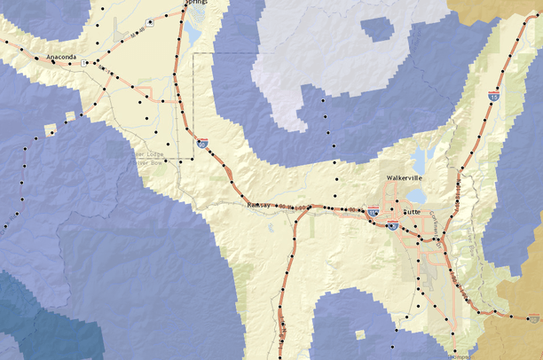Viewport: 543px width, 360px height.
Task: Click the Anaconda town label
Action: (50, 58)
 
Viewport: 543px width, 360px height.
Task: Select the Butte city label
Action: (412, 212)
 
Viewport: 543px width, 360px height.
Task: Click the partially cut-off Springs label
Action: (196, 4)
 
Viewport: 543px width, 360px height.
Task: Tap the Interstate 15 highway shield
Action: (493, 93)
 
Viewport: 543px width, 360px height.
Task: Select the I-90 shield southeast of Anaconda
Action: (202, 141)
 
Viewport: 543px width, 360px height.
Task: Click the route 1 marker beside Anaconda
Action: (84, 64)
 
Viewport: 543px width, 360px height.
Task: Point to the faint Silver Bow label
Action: (149, 162)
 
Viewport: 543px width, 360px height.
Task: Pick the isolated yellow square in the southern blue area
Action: (358, 335)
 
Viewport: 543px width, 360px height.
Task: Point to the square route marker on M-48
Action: (149, 20)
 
